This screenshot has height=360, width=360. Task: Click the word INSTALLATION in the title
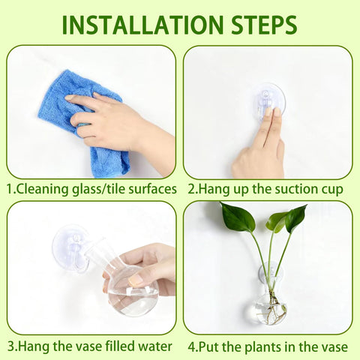142,25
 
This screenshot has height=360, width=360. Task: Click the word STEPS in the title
264,25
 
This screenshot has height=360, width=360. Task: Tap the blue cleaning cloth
84,120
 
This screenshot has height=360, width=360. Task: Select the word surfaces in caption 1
152,189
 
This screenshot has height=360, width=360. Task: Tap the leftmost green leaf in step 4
238,217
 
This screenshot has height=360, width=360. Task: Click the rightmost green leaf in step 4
296,218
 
